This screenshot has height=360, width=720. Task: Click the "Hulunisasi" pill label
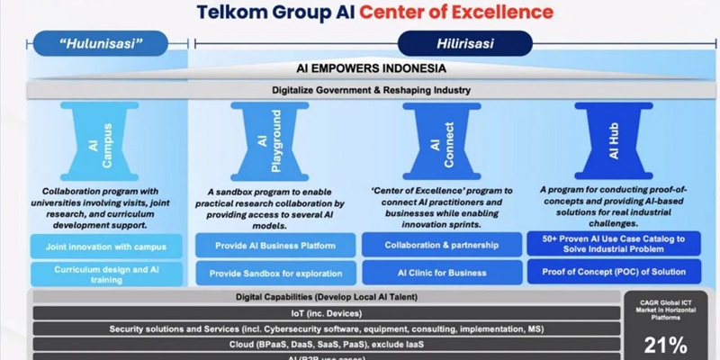click(101, 42)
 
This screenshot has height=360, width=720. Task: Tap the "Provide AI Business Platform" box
click(274, 245)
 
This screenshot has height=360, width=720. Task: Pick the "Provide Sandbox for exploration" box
click(274, 273)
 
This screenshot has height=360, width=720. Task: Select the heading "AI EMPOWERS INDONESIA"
click(373, 68)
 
